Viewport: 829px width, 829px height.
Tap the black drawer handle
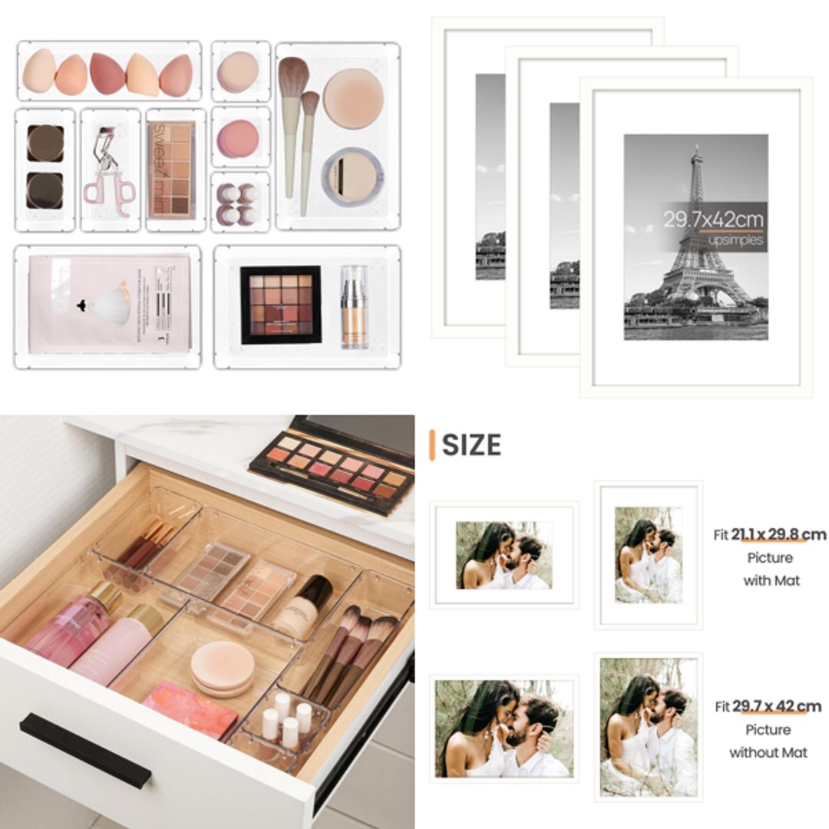click(84, 749)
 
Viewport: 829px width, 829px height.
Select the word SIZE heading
click(471, 445)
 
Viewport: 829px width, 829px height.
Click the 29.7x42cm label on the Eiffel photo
click(713, 220)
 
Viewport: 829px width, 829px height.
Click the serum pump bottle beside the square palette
click(354, 306)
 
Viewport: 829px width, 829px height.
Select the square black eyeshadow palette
click(280, 305)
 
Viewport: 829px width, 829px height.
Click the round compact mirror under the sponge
click(352, 177)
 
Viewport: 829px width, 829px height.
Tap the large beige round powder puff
click(352, 97)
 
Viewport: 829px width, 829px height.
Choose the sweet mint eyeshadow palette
click(171, 170)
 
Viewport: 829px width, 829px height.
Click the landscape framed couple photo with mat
click(504, 555)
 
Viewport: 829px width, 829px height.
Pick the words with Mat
click(771, 581)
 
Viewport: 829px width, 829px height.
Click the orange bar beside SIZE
click(432, 445)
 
